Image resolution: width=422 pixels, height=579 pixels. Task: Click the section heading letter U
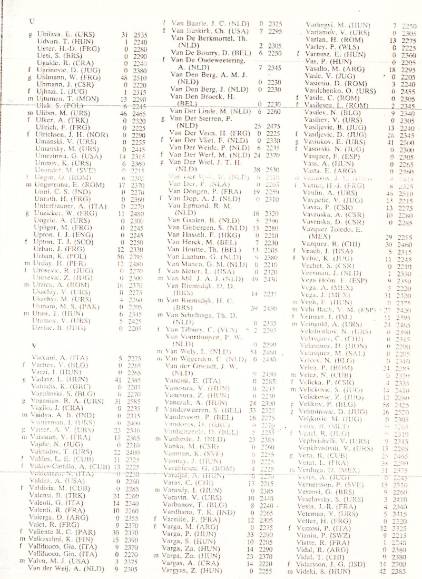tap(33, 22)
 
